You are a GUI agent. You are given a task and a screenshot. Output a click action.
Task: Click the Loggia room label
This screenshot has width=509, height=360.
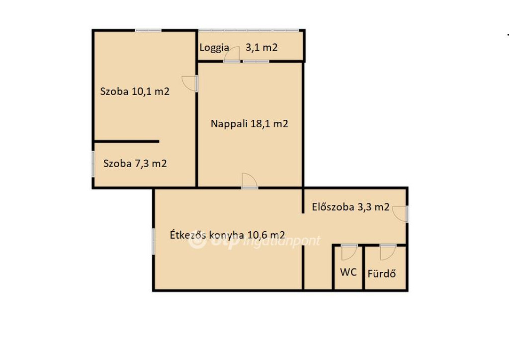pyautogui.click(x=214, y=48)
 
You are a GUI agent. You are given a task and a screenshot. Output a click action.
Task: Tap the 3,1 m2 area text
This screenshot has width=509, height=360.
pyautogui.click(x=261, y=47)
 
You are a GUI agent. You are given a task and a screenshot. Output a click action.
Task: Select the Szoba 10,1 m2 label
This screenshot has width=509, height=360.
pyautogui.click(x=135, y=91)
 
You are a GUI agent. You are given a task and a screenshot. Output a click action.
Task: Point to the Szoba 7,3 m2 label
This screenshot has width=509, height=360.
pyautogui.click(x=135, y=163)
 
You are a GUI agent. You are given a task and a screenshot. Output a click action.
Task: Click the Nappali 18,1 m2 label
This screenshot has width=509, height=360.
pyautogui.click(x=250, y=124)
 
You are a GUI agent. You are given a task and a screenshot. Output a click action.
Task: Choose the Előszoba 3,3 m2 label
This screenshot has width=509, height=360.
pyautogui.click(x=350, y=207)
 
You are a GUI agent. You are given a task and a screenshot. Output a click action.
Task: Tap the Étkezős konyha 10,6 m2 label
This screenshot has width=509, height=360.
pyautogui.click(x=228, y=235)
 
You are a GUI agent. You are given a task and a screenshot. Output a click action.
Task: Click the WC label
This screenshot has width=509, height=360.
pyautogui.click(x=348, y=272)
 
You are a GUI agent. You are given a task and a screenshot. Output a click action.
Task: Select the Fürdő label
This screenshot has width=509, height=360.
pyautogui.click(x=382, y=273)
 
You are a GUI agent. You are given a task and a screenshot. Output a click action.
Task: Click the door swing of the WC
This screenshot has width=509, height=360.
pyautogui.click(x=349, y=252)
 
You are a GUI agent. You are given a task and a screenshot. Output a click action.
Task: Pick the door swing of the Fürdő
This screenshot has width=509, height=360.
pyautogui.click(x=388, y=252)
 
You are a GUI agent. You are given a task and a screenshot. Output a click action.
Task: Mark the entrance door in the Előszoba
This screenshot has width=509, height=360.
pyautogui.click(x=400, y=214)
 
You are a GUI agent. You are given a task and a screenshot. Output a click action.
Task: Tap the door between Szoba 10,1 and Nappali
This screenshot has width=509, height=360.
pyautogui.click(x=190, y=84)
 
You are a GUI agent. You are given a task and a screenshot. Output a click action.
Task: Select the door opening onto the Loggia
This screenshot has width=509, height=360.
pyautogui.click(x=232, y=54)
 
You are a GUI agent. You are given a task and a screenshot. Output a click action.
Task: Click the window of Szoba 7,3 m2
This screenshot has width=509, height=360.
pyautogui.click(x=93, y=165)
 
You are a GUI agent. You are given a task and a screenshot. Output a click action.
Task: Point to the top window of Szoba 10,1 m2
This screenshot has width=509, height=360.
pyautogui.click(x=148, y=30)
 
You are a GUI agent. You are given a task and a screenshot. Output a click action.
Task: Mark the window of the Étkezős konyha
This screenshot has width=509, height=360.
pyautogui.click(x=154, y=241)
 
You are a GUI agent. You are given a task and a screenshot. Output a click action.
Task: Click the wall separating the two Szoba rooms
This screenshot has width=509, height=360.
pyautogui.click(x=127, y=142)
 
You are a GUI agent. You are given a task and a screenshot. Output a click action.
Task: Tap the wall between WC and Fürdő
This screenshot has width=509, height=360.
pyautogui.click(x=364, y=268)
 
